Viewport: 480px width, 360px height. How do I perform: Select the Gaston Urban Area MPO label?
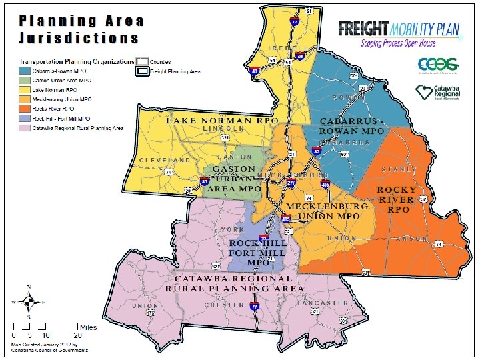[x=233, y=179]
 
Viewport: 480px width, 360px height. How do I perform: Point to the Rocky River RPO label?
[x=398, y=199]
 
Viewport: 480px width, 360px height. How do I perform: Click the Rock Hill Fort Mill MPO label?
[x=257, y=253]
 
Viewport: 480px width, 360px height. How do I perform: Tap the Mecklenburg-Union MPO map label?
[x=327, y=211]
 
